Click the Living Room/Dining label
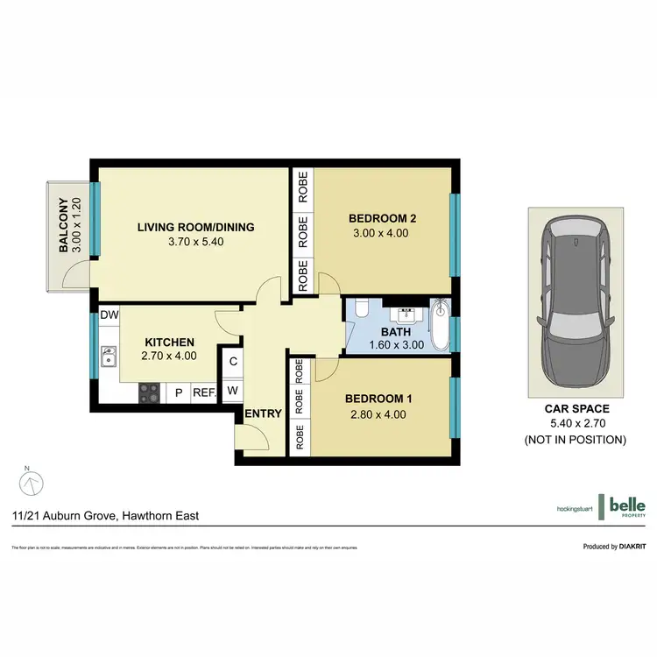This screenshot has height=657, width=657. click(195, 227)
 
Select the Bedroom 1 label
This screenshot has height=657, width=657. click(378, 399)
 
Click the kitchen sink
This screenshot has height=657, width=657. click(109, 357)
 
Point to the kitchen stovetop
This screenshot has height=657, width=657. click(148, 393)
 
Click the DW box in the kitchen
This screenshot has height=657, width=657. click(109, 314)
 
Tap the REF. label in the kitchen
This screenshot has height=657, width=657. click(203, 394)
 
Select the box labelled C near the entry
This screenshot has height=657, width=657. click(233, 360)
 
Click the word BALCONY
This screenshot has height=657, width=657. click(64, 226)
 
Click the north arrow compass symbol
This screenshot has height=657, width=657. click(32, 482)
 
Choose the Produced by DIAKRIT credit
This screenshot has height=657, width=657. click(614, 547)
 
